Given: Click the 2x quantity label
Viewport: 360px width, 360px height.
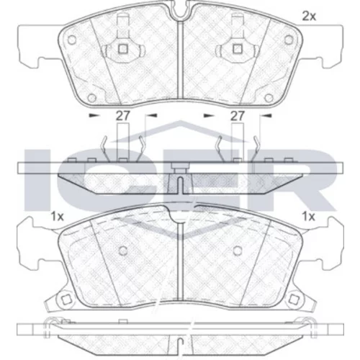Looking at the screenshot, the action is (x=309, y=17).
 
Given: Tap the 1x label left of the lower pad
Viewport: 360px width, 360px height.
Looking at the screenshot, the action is (x=58, y=217).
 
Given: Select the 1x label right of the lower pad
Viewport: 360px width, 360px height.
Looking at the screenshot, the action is (x=308, y=217).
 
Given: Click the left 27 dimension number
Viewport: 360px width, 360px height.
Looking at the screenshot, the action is (x=123, y=116).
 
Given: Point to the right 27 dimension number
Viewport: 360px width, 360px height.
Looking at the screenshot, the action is (x=238, y=116).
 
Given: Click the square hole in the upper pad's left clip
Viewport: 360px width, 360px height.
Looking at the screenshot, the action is (x=123, y=49).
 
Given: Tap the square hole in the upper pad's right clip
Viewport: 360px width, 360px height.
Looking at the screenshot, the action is (x=238, y=49).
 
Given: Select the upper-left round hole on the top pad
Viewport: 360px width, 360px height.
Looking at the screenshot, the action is (x=72, y=40).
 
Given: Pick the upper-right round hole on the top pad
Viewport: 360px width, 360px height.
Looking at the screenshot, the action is (x=289, y=40).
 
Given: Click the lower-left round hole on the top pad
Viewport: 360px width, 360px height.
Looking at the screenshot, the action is (x=91, y=98).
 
